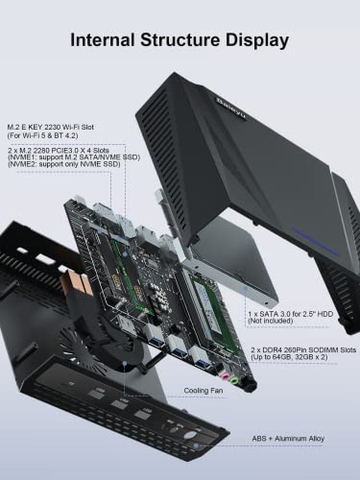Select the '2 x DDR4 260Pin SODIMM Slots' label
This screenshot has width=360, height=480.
[x=300, y=349]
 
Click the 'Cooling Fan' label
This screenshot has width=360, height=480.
[x=204, y=391]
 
